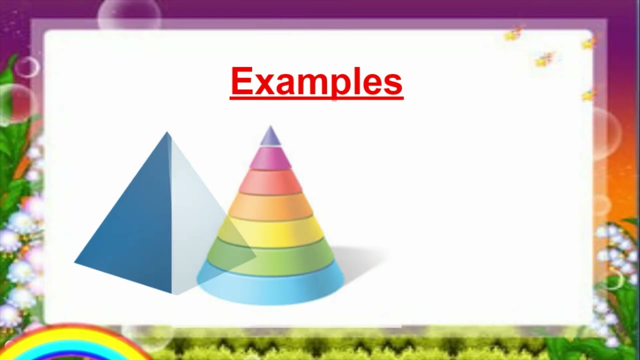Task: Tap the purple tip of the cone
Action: (x=270, y=136)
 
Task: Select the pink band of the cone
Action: (x=270, y=158)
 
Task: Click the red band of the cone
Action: (x=270, y=182)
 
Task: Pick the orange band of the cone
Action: (x=270, y=206)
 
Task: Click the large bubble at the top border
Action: (x=129, y=15)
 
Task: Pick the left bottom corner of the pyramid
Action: (x=76, y=261)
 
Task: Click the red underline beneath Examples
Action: (x=316, y=98)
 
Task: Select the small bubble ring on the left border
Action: (x=27, y=67)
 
